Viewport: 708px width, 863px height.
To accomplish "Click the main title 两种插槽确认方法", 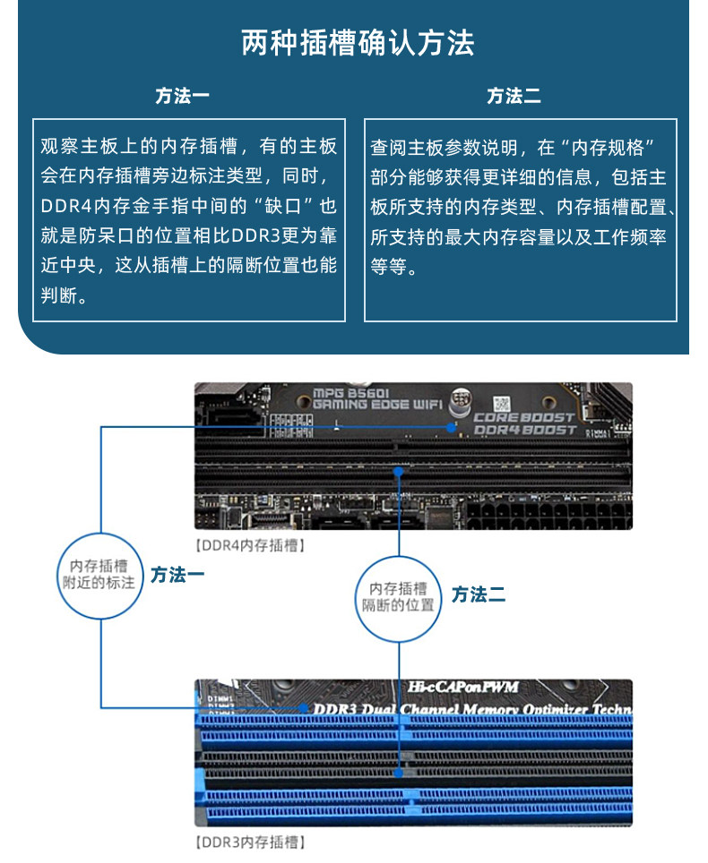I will click(358, 44).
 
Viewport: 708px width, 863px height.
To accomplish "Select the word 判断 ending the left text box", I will click(59, 295).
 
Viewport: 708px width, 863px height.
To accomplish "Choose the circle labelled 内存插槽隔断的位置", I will click(398, 596).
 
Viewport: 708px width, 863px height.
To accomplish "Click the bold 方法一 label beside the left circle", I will click(177, 575).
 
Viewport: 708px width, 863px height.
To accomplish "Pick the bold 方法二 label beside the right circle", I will click(479, 594).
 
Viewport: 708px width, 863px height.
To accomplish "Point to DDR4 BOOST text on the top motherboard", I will click(524, 431).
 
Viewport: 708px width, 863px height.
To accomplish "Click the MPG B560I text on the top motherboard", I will click(354, 393).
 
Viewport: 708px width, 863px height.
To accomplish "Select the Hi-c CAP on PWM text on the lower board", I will click(463, 688).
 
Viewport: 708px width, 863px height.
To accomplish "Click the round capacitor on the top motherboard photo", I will click(462, 398).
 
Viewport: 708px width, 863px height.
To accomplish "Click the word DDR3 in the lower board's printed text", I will click(333, 710).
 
